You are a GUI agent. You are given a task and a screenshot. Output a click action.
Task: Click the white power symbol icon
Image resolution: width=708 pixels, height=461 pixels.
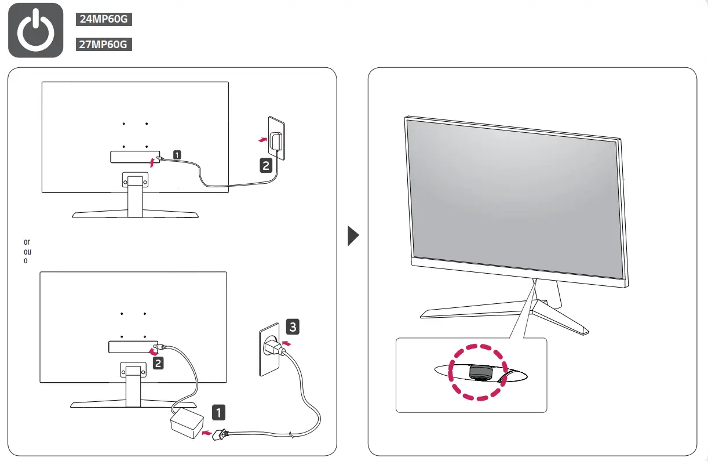36,30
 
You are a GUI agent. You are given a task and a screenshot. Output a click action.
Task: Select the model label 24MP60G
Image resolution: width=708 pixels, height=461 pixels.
104,20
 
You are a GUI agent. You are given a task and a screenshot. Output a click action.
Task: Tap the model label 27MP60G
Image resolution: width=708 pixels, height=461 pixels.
104,45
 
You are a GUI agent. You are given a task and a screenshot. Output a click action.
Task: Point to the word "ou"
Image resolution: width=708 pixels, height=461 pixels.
27,252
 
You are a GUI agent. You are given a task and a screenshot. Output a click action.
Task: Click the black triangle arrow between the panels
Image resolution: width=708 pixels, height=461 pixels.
353,236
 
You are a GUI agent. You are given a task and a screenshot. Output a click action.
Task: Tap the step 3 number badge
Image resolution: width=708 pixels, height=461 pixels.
293,327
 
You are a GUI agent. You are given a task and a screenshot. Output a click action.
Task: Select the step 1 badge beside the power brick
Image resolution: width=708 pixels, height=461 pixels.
218,412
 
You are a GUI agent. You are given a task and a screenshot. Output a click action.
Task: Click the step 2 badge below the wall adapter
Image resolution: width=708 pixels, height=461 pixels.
265,166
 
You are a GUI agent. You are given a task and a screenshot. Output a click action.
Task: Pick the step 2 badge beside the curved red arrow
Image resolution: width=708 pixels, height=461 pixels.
158,364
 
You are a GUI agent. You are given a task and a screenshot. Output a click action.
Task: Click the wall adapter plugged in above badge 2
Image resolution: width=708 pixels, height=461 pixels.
278,141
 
